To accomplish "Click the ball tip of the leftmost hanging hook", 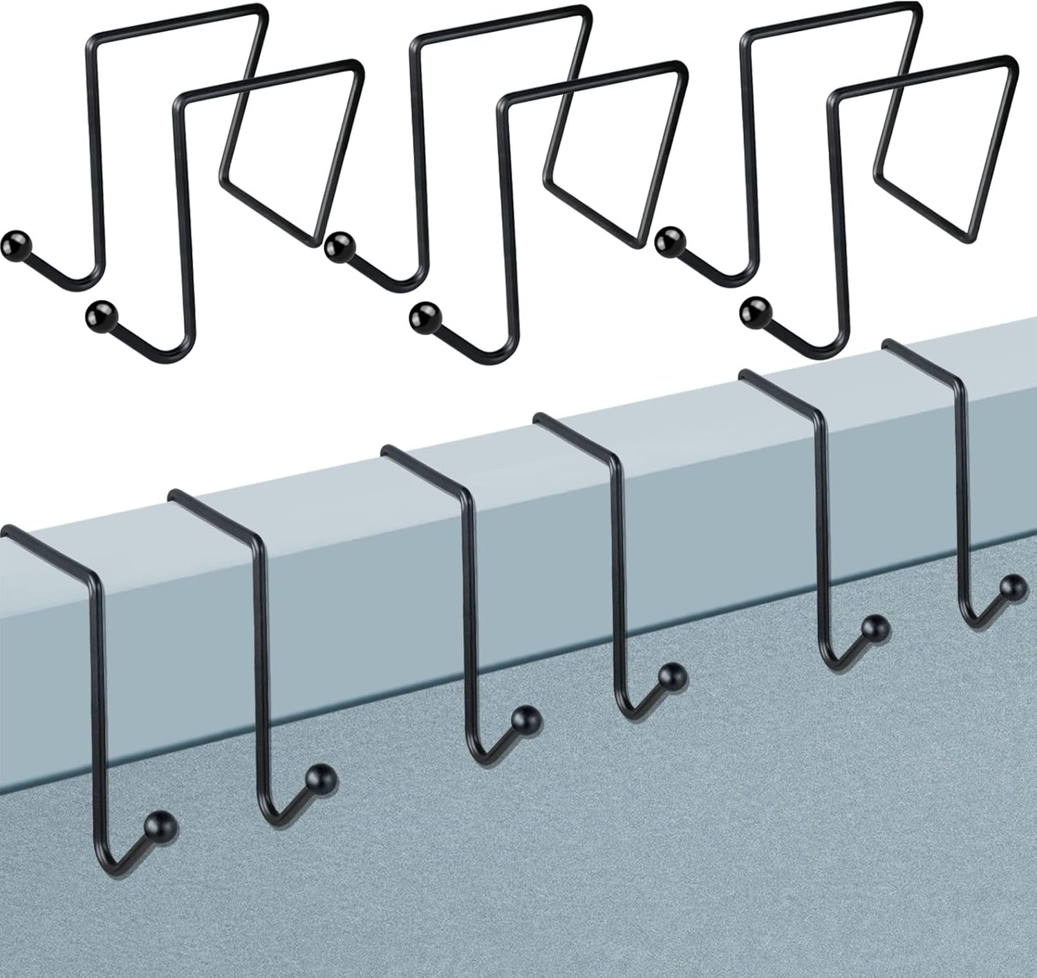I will point(163,825).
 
